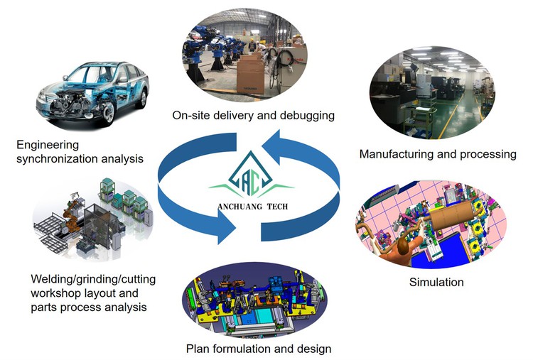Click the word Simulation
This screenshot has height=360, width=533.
point(436,283)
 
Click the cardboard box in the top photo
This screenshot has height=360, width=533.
point(251,71)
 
